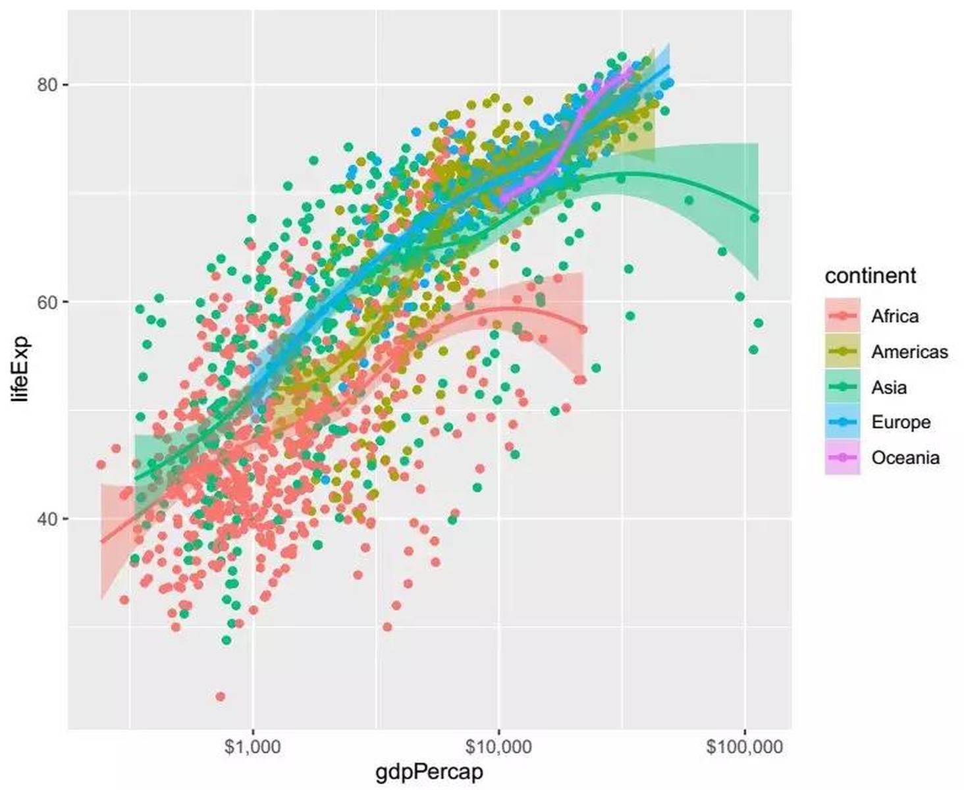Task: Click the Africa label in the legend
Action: [x=894, y=317]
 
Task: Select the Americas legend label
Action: [x=909, y=352]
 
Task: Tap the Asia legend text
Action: [x=888, y=388]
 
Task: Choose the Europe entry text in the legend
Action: [x=900, y=422]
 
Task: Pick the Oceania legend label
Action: [x=905, y=458]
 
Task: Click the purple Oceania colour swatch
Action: [x=842, y=458]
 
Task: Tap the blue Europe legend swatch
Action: [x=842, y=422]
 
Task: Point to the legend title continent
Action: [x=869, y=275]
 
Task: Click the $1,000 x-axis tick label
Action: [x=252, y=747]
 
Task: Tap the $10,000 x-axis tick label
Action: [x=498, y=747]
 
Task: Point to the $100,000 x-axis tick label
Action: [x=744, y=747]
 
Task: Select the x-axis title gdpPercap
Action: [x=429, y=772]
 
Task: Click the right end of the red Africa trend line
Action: [x=583, y=329]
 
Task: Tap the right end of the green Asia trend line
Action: [x=758, y=212]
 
